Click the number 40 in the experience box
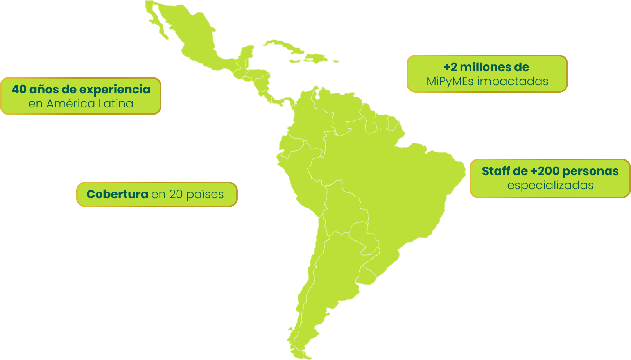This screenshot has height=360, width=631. (19, 90)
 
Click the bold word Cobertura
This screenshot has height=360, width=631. (117, 194)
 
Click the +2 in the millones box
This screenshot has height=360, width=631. (450, 67)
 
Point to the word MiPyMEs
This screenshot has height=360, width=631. (450, 81)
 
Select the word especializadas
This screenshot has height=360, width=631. (550, 185)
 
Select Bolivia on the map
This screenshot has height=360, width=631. (344, 207)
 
